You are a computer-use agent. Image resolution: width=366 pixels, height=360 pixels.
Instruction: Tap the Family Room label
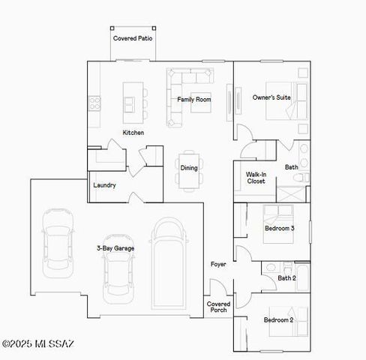click(x=193, y=99)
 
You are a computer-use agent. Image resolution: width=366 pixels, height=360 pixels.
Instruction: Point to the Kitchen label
click(x=133, y=133)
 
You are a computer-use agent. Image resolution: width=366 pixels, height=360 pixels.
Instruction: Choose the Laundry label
click(x=104, y=185)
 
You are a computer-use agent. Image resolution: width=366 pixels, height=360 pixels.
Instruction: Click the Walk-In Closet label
click(x=256, y=178)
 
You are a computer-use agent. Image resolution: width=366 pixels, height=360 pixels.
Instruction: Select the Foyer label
click(x=218, y=264)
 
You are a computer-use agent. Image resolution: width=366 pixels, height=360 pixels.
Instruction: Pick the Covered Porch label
click(x=218, y=307)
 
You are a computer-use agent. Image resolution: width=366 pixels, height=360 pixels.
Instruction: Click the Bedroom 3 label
click(x=279, y=228)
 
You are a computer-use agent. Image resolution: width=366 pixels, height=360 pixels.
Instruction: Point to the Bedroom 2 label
click(x=277, y=319)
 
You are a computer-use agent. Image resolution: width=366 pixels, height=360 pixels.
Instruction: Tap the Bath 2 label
click(x=286, y=278)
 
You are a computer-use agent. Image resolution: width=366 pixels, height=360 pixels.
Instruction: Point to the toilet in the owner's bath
click(x=298, y=178)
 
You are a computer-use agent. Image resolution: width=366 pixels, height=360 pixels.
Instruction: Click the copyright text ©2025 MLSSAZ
click(x=38, y=344)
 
